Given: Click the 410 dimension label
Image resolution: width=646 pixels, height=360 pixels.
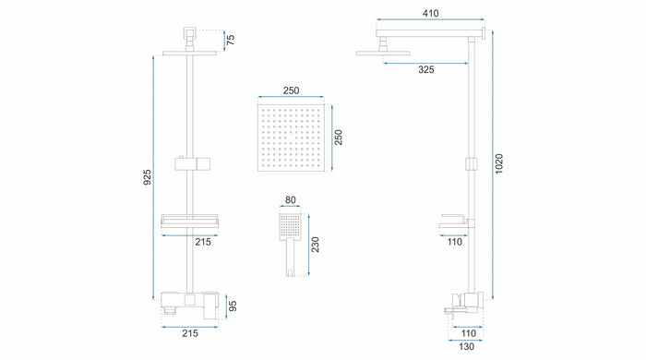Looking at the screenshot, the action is tap(431, 13).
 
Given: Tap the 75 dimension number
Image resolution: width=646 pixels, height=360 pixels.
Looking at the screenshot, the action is tap(231, 40).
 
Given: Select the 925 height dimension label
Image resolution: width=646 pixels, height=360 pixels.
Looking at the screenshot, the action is tap(147, 177).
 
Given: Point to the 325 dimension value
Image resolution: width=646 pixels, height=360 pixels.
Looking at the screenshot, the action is tap(426, 69).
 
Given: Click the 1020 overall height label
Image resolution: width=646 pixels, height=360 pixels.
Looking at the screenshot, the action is tap(499, 163).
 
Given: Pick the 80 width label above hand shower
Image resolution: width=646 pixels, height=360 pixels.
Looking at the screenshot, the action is tap(291, 199).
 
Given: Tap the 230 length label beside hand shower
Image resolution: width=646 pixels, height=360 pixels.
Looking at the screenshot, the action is tap(315, 245).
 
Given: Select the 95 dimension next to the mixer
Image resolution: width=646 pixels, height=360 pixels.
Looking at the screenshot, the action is tap(233, 306).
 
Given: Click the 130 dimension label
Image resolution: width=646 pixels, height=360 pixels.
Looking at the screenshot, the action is tap(466, 347).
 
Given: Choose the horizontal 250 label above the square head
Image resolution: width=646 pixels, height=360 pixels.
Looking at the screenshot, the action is tap(291, 90).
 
